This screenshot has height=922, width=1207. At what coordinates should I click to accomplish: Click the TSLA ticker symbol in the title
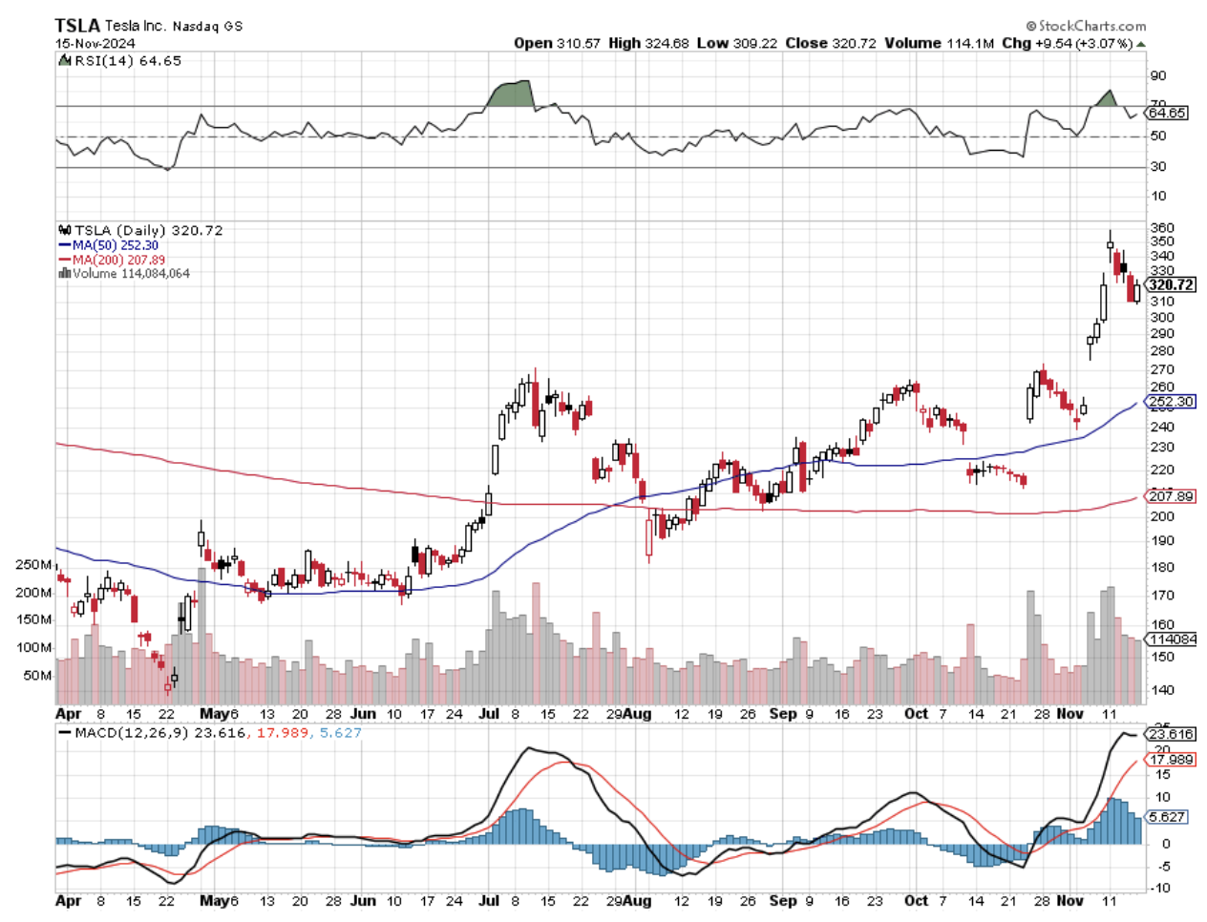(77, 26)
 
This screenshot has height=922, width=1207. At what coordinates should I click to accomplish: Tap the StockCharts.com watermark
(1086, 26)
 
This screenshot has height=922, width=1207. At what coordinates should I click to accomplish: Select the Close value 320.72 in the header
(831, 43)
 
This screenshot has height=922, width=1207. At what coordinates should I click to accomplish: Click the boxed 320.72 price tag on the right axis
(1171, 284)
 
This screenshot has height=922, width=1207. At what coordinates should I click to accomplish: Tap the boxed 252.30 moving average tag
(1171, 402)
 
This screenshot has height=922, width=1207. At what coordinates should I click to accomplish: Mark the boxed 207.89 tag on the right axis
(1171, 496)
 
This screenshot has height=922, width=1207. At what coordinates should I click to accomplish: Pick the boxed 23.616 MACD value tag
(1171, 734)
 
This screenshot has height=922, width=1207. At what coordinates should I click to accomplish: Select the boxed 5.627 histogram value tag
(1168, 817)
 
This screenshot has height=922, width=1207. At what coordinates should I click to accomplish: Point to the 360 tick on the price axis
(1162, 229)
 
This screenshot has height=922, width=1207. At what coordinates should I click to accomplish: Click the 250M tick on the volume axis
(33, 565)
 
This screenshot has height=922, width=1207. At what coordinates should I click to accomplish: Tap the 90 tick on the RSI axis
(1158, 76)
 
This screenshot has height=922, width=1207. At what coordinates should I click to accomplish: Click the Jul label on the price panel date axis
(488, 713)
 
